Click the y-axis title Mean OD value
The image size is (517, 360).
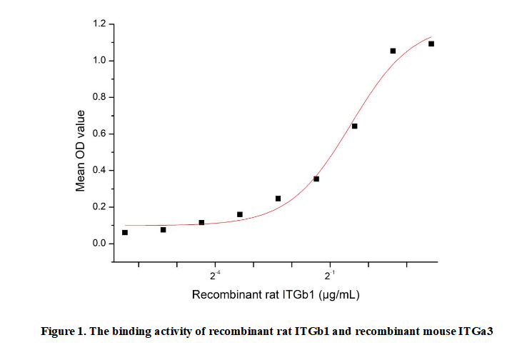81,150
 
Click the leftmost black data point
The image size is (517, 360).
125,232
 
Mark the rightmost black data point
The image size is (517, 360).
431,44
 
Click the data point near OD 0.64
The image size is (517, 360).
354,126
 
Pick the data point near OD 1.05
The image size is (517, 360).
393,51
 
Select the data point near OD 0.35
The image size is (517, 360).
316,179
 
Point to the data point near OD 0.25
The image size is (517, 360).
278,198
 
